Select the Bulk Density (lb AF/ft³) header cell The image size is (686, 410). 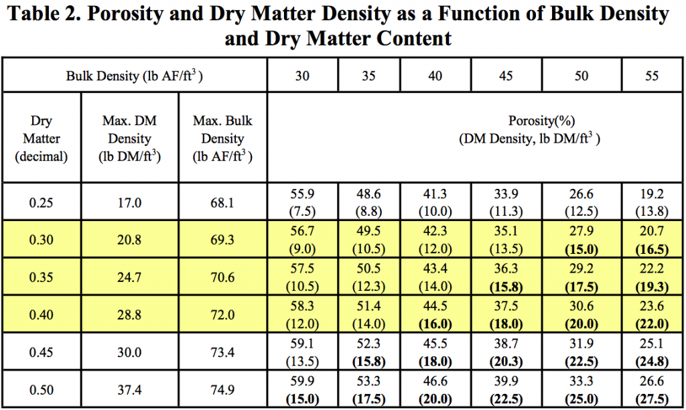135,76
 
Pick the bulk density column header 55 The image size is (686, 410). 652,76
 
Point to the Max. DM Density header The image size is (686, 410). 130,139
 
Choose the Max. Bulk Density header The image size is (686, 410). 222,139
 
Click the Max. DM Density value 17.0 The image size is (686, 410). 130,202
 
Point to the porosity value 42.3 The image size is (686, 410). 435,232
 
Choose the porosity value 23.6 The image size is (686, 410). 652,305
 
